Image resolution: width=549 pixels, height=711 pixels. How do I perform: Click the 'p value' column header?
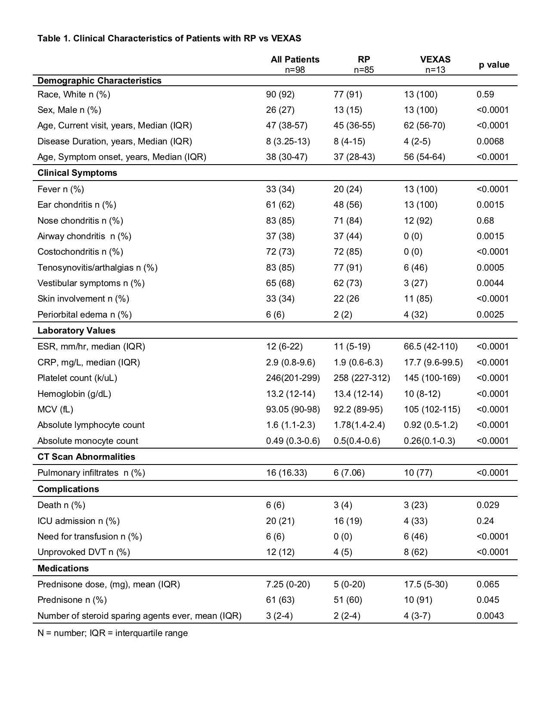tap(494, 65)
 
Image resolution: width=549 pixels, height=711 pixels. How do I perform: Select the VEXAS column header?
tap(435, 59)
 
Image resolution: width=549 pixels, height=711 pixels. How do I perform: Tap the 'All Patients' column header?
tap(295, 59)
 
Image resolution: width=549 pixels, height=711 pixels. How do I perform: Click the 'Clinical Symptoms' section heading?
tap(77, 173)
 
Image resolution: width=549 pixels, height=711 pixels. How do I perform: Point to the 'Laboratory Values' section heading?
tap(76, 331)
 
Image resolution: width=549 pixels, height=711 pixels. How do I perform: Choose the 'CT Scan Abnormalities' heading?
tap(86, 457)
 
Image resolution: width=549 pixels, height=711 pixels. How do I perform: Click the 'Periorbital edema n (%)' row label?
tap(84, 315)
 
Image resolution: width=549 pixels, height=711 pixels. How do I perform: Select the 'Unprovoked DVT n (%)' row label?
tap(84, 552)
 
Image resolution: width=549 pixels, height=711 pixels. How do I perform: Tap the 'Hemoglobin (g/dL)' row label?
tap(74, 394)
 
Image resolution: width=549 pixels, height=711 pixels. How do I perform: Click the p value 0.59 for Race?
tap(485, 94)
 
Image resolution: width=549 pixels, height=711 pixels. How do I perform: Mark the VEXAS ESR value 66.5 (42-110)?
tap(431, 346)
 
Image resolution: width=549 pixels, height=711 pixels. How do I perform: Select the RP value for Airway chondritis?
tap(347, 236)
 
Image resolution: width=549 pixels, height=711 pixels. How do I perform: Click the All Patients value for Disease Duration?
tap(288, 141)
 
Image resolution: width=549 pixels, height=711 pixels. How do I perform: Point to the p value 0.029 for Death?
tap(488, 505)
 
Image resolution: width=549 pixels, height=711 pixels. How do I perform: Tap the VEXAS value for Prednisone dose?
tap(425, 584)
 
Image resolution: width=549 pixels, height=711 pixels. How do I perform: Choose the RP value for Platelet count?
tap(362, 378)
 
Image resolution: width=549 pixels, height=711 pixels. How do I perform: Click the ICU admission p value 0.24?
tap(485, 521)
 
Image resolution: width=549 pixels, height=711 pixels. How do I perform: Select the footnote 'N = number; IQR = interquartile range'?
tap(112, 633)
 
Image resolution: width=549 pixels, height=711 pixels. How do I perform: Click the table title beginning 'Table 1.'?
tap(169, 38)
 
